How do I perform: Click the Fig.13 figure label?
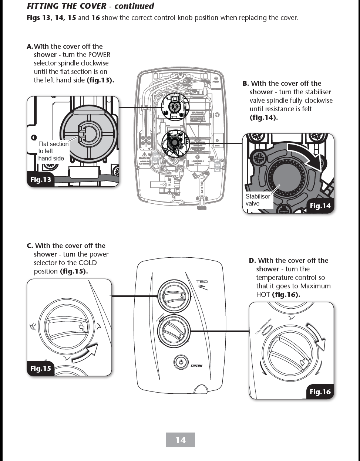[x=41, y=180]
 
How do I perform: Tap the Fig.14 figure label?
[x=320, y=206]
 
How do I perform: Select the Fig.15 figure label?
[x=41, y=368]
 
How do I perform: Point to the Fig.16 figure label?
[x=320, y=391]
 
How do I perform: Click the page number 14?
[x=180, y=440]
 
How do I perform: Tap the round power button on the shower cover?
[x=181, y=362]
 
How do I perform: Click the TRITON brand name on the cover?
[x=196, y=366]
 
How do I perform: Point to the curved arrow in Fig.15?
[x=86, y=353]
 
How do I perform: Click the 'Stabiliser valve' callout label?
[x=258, y=200]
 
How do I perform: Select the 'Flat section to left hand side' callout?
[x=53, y=151]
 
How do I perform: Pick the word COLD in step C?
[x=87, y=263]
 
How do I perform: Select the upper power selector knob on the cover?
[x=174, y=295]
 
